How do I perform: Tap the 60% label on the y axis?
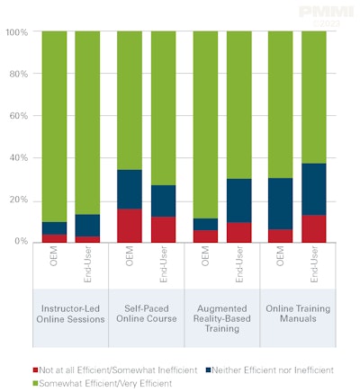18,116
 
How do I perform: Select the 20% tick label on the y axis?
18,200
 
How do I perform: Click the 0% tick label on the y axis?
21,242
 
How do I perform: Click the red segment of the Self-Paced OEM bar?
130,226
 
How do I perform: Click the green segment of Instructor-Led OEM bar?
54,126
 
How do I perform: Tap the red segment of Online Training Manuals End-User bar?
313,228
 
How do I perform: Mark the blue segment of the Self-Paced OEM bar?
130,189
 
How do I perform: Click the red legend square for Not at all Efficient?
35,370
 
